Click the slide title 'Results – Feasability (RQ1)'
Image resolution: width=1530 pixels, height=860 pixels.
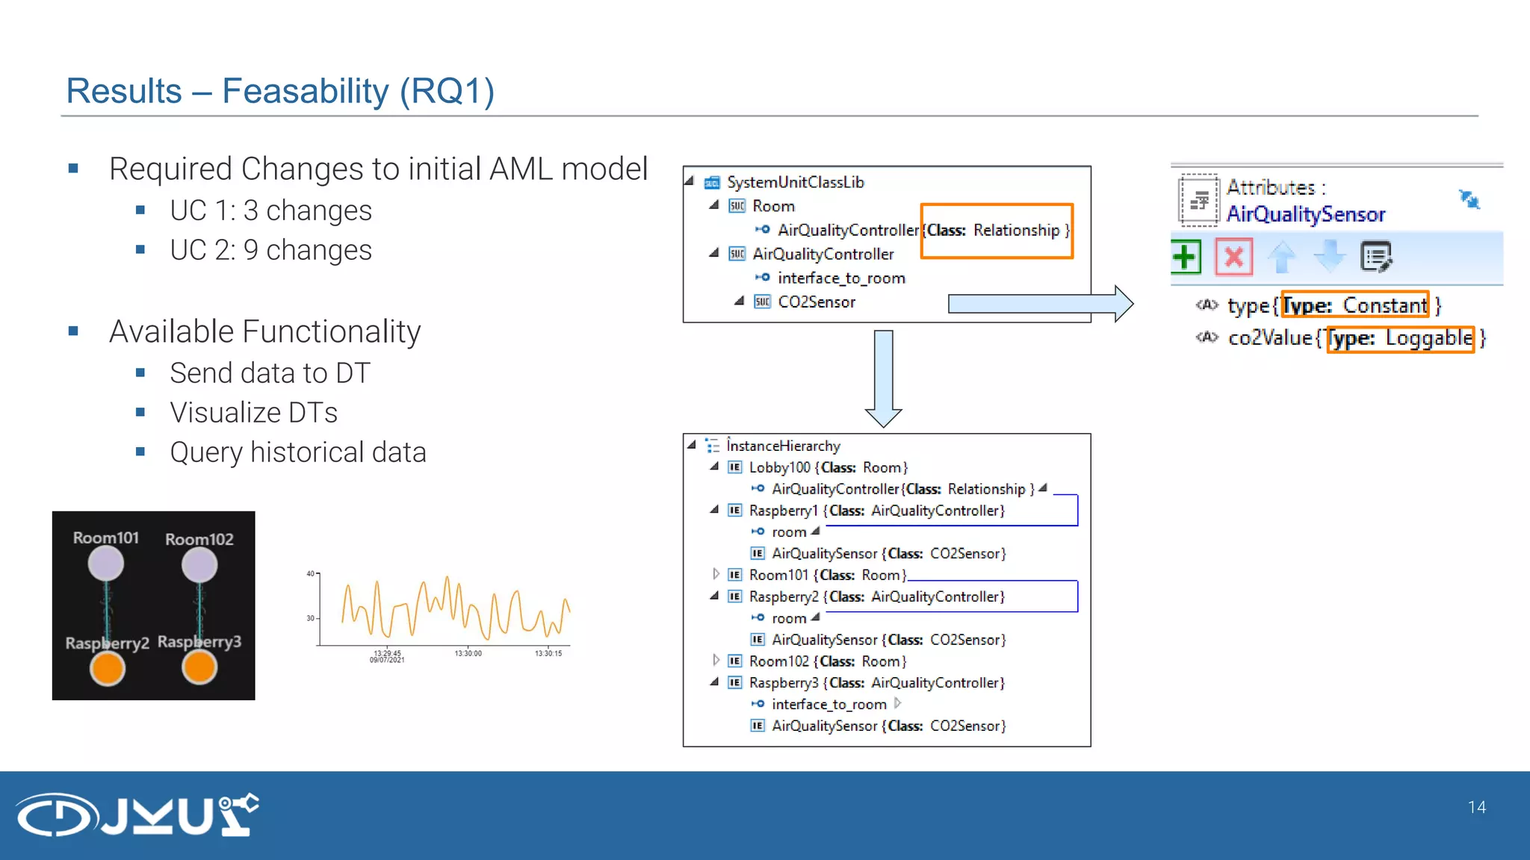pos(280,91)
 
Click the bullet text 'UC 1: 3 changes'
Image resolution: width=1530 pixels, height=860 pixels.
pos(270,211)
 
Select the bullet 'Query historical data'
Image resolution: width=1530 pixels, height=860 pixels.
pos(297,452)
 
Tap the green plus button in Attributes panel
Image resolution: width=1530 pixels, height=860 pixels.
pos(1186,258)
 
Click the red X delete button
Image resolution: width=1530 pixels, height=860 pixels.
pos(1233,258)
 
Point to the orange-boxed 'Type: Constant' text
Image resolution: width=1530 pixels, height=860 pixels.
pos(1354,305)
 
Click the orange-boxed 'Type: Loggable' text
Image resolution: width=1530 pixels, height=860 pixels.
pos(1400,338)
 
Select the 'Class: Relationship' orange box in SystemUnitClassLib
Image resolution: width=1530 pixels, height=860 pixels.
pos(997,231)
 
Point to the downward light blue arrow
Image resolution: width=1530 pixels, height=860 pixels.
pos(883,378)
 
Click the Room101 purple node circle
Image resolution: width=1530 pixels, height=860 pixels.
pos(106,564)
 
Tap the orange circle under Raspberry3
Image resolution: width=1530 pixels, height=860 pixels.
pos(199,667)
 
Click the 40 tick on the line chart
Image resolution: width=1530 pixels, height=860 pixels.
pos(310,573)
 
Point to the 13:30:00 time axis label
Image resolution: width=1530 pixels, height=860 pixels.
pos(468,654)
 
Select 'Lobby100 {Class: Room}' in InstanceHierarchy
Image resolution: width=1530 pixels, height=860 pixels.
pos(828,467)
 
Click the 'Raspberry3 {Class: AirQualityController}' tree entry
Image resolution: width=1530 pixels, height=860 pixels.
pos(876,683)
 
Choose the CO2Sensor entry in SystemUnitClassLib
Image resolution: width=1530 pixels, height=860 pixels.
pos(816,302)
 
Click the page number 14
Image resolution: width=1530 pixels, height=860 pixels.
pos(1476,807)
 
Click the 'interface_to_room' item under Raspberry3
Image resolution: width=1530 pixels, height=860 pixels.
pos(829,705)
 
